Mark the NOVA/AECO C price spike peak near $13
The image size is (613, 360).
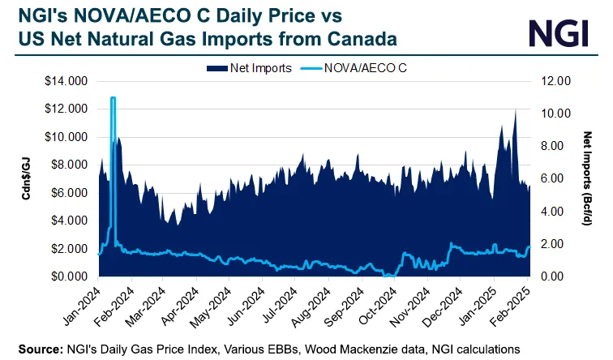(113, 98)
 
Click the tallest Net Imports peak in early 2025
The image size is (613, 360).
(515, 109)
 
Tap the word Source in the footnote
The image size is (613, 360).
(35, 349)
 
